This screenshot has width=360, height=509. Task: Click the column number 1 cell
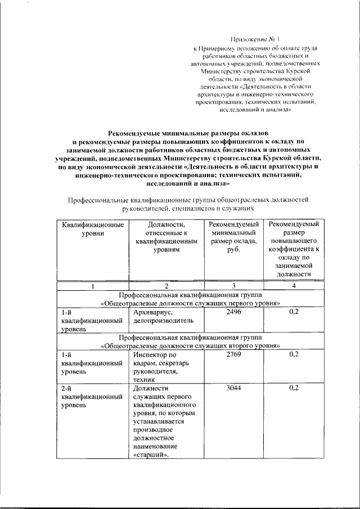click(x=92, y=286)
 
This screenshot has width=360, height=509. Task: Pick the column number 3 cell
click(x=233, y=286)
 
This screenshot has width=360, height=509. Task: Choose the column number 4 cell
click(x=293, y=286)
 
